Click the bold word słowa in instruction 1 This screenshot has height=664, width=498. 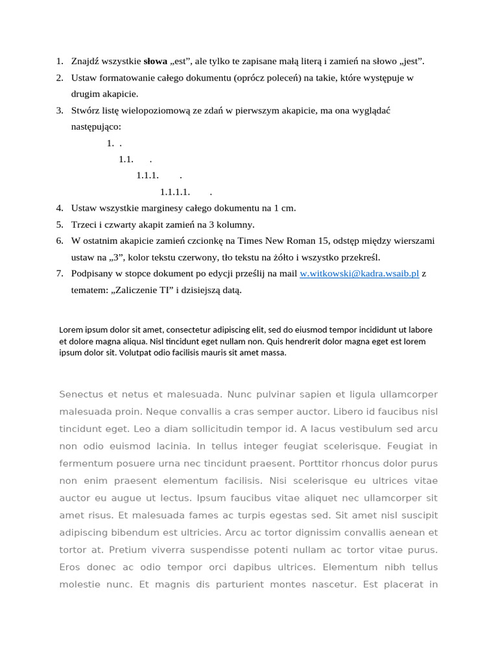click(x=155, y=62)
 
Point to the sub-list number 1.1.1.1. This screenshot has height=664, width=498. click(x=174, y=192)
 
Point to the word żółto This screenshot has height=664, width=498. click(x=311, y=257)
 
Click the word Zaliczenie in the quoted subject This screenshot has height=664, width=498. click(x=132, y=290)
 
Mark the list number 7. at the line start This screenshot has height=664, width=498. click(x=60, y=274)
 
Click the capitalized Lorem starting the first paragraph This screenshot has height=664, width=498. click(x=71, y=329)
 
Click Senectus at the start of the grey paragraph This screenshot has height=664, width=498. click(x=79, y=394)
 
